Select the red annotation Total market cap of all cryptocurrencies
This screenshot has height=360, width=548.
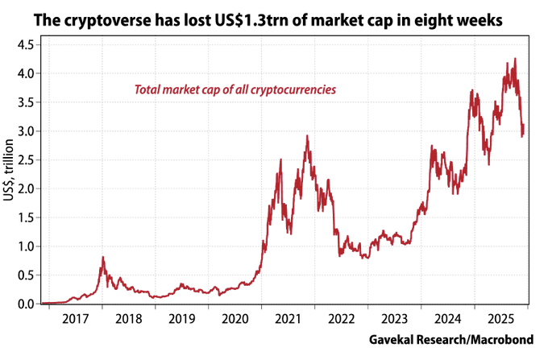(235, 89)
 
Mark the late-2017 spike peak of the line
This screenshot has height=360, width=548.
(102, 257)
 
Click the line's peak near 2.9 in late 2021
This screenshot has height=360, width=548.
(307, 136)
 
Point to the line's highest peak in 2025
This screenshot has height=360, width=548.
(515, 59)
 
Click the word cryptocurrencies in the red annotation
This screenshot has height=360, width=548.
(292, 89)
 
